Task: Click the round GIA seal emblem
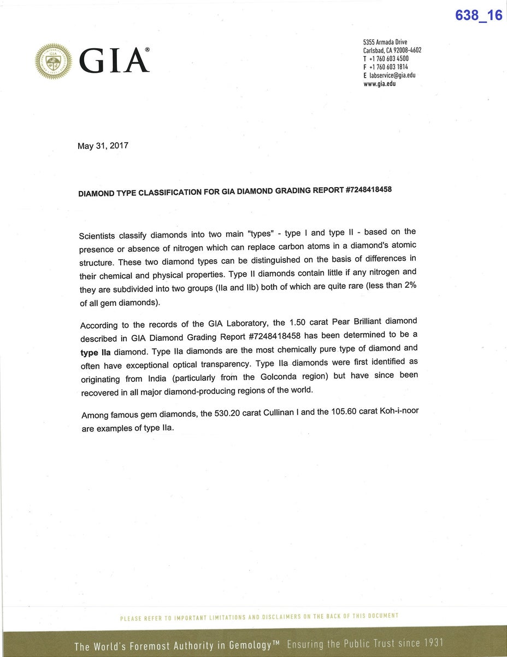coord(53,61)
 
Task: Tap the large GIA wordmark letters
coord(114,61)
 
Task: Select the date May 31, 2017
coord(103,146)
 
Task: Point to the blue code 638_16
coord(479,15)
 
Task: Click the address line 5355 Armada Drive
coord(385,42)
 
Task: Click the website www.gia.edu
coord(379,84)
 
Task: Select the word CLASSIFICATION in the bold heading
coord(172,193)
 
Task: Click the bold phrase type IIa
coord(96,352)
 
